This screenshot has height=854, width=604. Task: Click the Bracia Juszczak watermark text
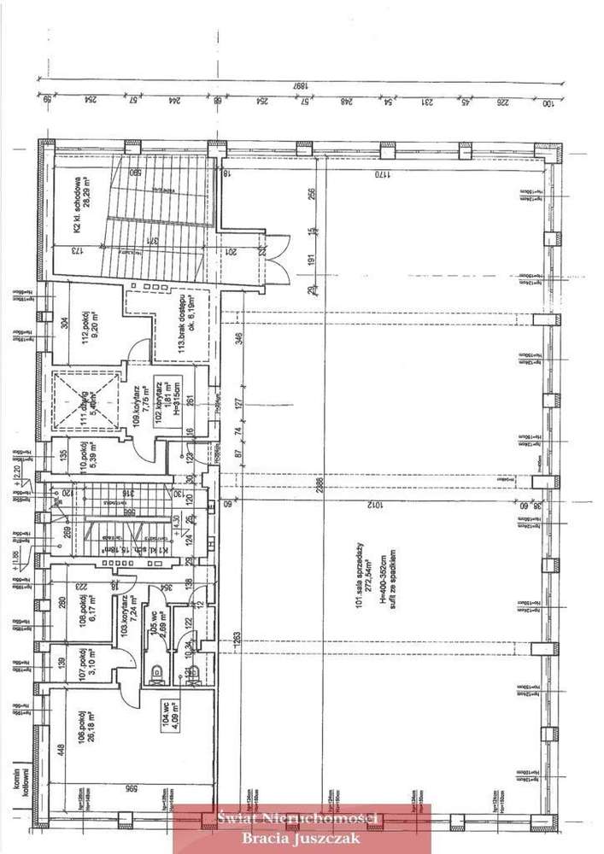301,835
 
